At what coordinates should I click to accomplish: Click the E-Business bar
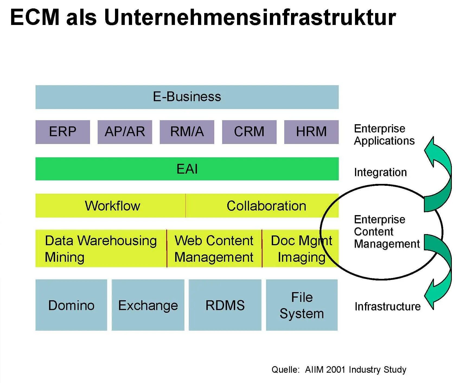point(187,97)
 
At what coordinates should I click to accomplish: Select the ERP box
point(63,132)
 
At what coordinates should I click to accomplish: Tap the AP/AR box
point(125,132)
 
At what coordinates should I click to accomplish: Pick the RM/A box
point(187,132)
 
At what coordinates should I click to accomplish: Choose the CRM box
point(249,132)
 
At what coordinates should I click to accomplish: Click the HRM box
point(311,132)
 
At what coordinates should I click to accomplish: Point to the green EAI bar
point(187,169)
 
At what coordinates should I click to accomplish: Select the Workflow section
point(112,206)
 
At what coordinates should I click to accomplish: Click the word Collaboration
point(266,206)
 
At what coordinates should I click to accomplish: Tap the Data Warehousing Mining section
point(101,248)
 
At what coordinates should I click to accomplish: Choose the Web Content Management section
point(214,248)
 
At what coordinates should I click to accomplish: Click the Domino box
point(71,305)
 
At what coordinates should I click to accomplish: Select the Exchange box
point(148,305)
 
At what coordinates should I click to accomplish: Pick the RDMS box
point(225,305)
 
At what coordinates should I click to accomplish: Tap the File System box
point(302,305)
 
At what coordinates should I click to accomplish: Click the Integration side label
point(380,172)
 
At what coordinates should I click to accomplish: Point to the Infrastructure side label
point(387,306)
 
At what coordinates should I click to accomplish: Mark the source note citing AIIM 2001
point(339,369)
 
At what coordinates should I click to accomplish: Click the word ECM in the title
point(35,17)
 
